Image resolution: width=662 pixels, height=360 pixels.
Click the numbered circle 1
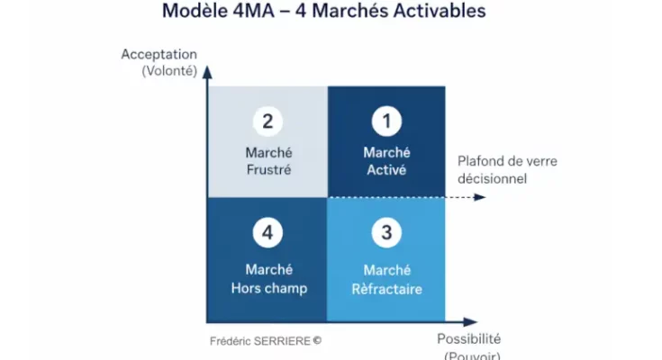pos(385,121)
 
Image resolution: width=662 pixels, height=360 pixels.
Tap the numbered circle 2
pos(268,121)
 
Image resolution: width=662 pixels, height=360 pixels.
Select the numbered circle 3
pos(385,233)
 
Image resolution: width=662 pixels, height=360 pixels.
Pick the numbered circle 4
pos(268,233)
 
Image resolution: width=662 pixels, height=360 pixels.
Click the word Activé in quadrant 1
pos(385,169)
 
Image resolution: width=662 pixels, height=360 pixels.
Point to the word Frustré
pos(268,169)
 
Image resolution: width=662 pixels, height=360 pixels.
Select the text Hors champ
pos(268,289)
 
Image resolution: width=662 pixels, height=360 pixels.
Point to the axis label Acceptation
pos(159,54)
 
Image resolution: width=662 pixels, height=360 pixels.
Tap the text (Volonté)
pos(168,70)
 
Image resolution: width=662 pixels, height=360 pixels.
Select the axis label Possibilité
pos(468,339)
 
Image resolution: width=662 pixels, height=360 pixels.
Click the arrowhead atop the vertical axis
pos(207,69)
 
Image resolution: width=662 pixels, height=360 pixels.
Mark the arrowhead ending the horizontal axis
pos(470,320)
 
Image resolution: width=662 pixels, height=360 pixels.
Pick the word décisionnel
pos(493,178)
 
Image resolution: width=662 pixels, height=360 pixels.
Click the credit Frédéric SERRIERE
pos(265,341)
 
